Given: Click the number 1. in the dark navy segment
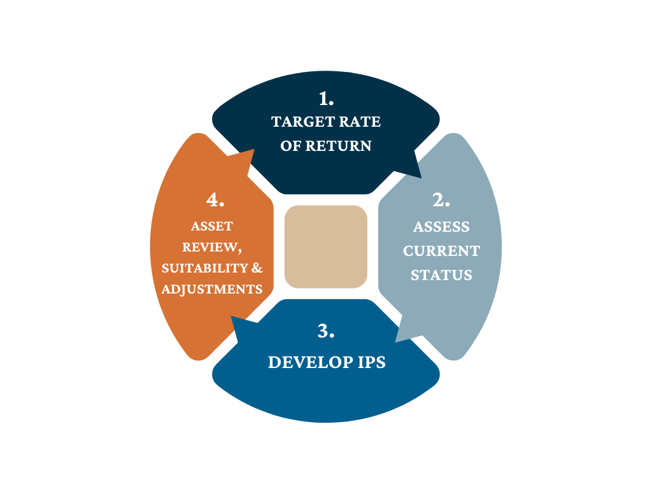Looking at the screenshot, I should click(326, 99).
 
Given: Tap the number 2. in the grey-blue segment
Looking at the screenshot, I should click(441, 200).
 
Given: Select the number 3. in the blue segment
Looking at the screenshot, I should click(325, 331).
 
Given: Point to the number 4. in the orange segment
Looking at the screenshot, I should click(215, 200).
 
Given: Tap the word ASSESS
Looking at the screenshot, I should click(441, 227).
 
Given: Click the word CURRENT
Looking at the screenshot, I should click(441, 251).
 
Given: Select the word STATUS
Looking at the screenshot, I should click(441, 275).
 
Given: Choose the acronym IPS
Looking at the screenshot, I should click(369, 362).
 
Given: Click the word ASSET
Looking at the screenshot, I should click(212, 226).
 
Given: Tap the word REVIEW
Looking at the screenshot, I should click(211, 247).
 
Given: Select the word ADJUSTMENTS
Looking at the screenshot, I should click(212, 289).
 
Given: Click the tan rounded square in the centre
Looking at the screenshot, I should click(326, 246).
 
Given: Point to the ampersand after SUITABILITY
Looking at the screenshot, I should click(257, 268).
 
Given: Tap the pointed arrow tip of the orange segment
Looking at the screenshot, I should click(254, 151).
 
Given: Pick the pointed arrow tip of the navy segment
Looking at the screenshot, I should click(421, 176).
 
